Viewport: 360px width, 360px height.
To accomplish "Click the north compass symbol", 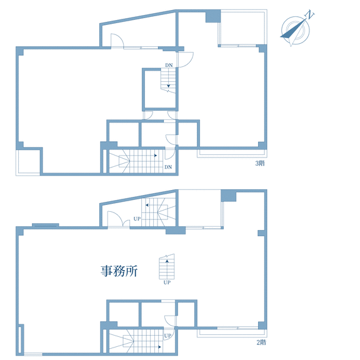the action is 296,30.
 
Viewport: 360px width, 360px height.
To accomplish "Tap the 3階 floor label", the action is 260,163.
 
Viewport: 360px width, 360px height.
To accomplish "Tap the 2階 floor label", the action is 261,342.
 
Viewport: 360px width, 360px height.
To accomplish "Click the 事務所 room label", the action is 119,271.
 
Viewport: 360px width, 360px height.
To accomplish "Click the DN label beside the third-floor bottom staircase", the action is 168,167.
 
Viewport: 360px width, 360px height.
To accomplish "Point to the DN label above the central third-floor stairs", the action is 169,65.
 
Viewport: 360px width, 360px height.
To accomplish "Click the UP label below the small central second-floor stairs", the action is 167,282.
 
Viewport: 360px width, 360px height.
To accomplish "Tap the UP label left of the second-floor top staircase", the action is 137,219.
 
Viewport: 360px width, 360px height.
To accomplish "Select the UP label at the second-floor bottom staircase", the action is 167,336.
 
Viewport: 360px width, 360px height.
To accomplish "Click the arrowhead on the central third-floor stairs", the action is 169,86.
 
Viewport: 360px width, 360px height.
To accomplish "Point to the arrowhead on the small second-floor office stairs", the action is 167,261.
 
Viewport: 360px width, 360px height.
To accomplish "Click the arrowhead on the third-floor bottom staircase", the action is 156,156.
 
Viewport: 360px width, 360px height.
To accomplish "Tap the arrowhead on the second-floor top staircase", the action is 147,205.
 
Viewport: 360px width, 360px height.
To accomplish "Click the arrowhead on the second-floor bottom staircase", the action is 159,347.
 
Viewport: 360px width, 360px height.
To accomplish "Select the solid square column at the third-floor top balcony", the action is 213,16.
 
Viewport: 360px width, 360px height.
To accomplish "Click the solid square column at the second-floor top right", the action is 229,196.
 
